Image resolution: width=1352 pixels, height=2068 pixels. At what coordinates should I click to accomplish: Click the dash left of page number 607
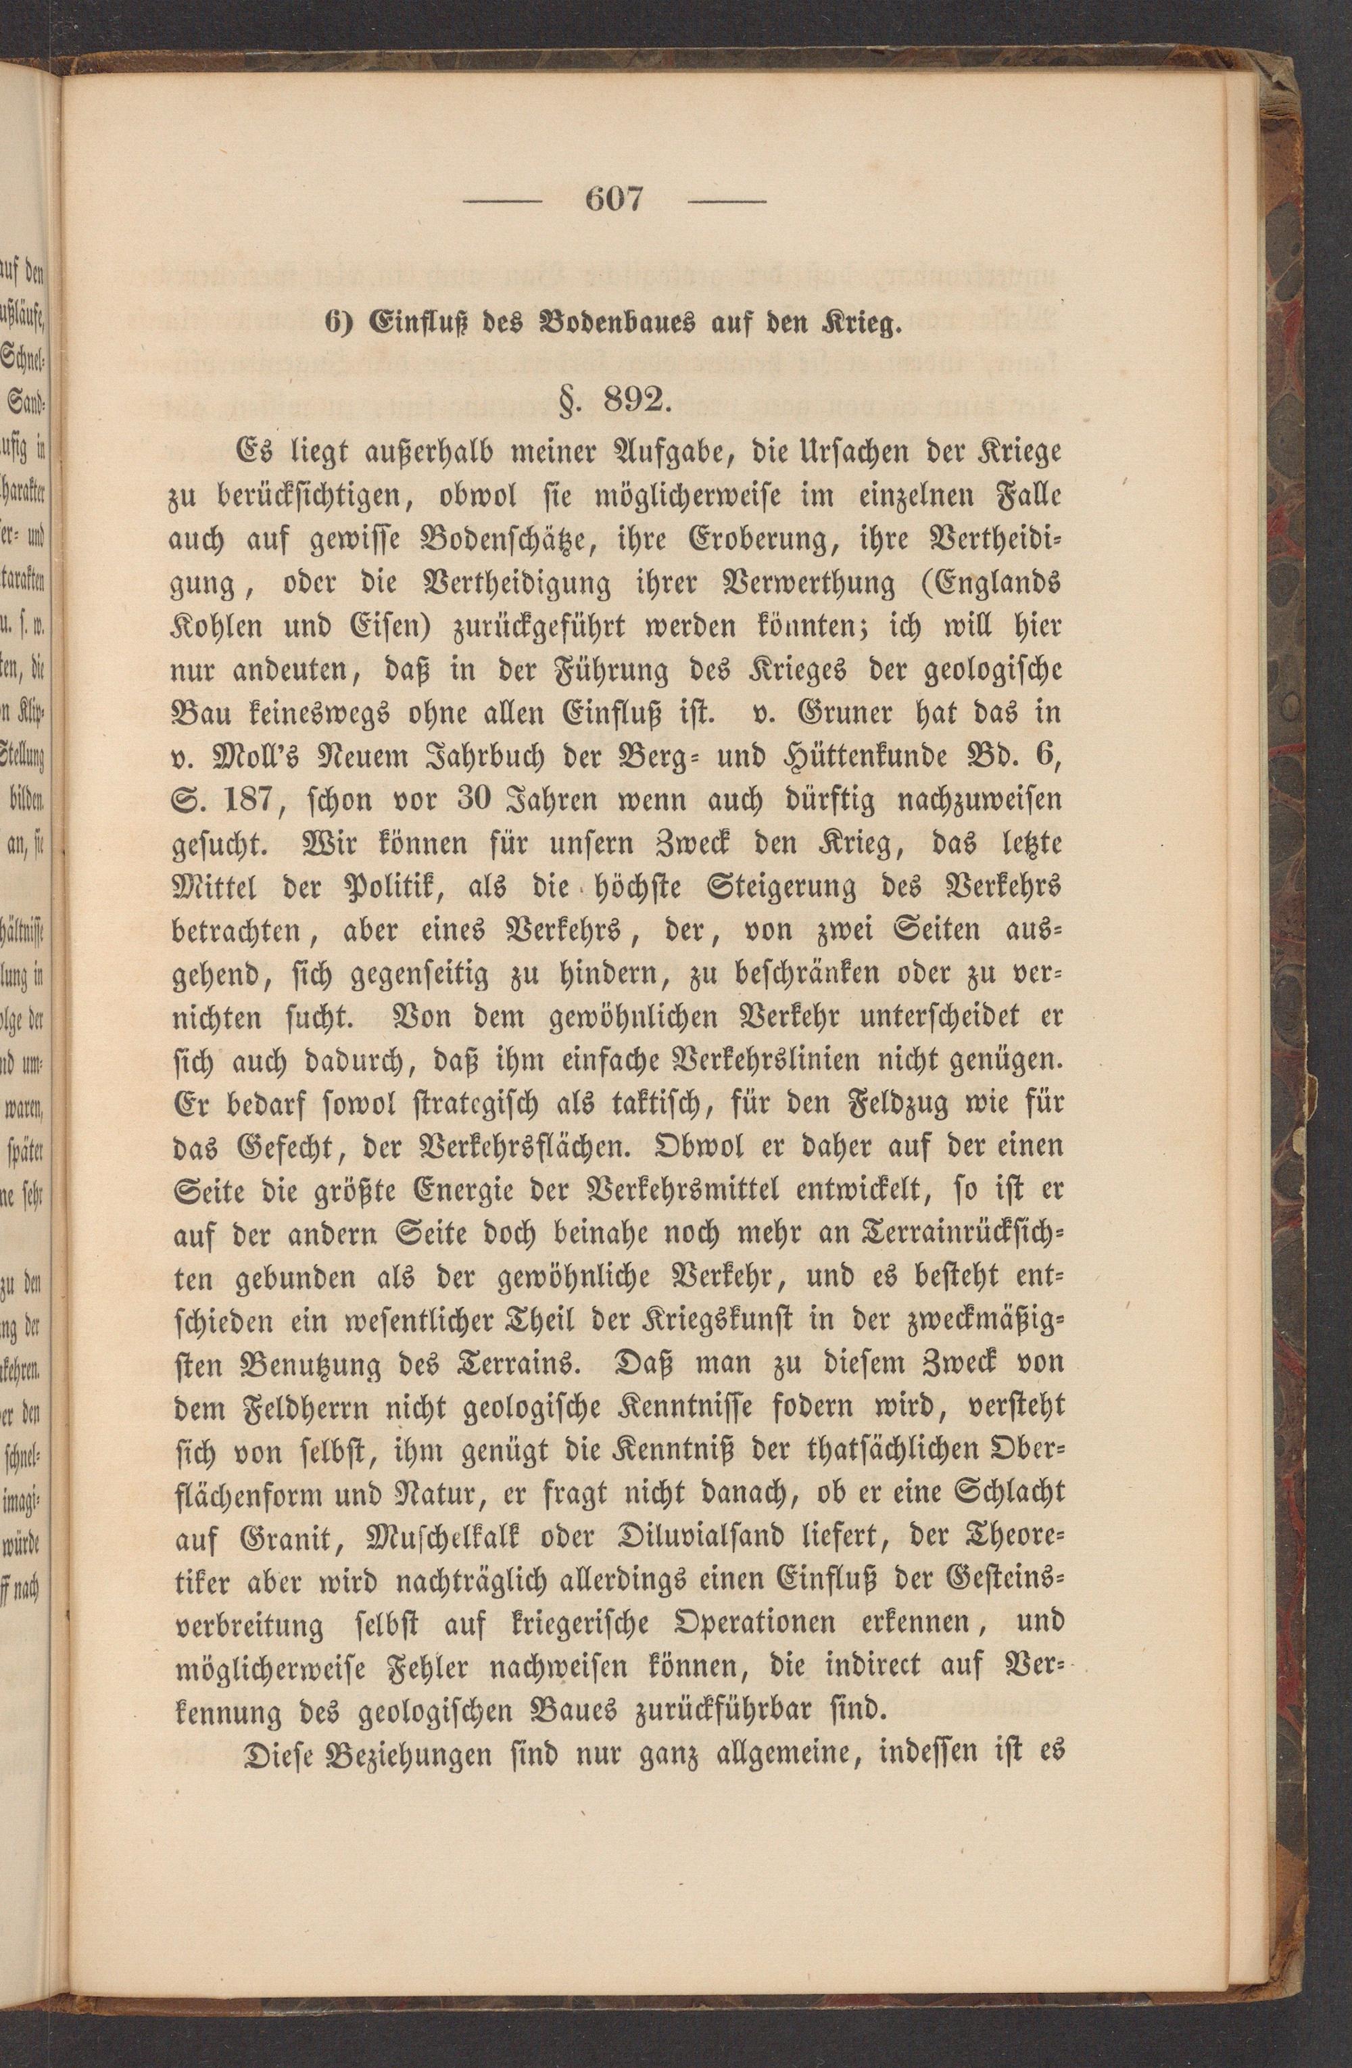[502, 201]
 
